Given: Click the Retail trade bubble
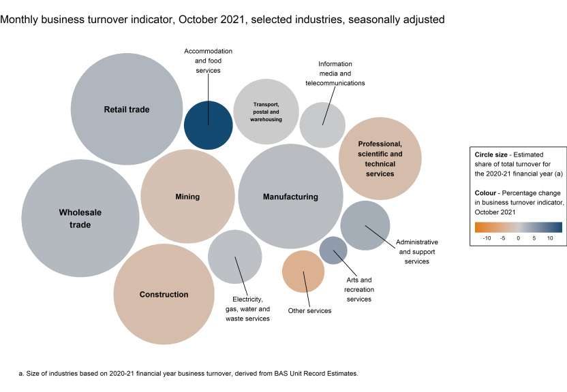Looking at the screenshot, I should coord(127,109).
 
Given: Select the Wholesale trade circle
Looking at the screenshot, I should coord(80,218).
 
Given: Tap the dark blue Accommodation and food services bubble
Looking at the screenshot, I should coord(209,124).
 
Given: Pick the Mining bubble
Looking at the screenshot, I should coord(187,197).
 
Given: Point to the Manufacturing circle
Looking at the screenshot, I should coord(290,197).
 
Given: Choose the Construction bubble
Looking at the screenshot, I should coord(164,294).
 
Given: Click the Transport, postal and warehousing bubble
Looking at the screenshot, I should coord(266,112).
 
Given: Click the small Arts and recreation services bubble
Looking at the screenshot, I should coord(333,250).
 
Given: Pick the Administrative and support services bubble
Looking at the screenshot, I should coord(365,225).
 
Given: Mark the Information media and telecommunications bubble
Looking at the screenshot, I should coord(322,125).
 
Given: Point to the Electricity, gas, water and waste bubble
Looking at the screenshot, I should coord(235,257).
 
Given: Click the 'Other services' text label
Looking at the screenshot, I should coord(309,311).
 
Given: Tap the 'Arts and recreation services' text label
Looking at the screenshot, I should coord(358,289).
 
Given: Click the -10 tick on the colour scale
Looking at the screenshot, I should coord(487,238).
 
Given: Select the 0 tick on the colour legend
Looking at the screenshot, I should coord(519,238).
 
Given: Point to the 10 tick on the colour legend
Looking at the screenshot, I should coord(550,238).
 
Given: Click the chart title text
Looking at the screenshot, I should coord(223,20).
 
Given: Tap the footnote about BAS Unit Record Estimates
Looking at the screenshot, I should coord(188,374).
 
